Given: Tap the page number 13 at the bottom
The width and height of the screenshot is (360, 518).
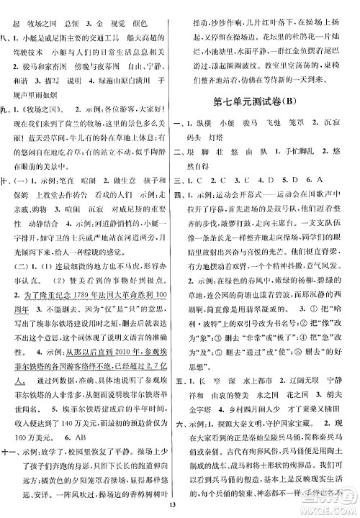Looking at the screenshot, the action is click(180, 509).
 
